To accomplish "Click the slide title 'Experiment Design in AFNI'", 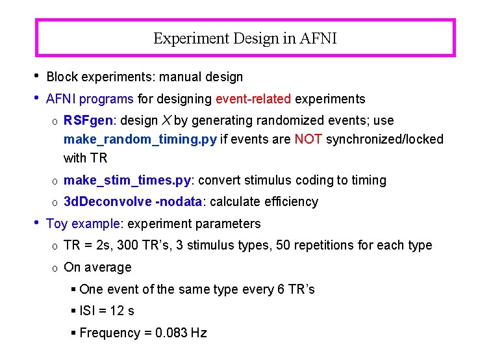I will [245, 38].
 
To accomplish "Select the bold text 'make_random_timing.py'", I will [140, 139].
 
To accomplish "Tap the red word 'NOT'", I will [308, 139].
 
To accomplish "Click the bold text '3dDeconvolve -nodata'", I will [133, 201].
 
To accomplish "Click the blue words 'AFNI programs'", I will [90, 99].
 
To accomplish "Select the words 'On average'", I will [97, 267].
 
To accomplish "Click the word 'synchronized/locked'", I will [384, 139].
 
